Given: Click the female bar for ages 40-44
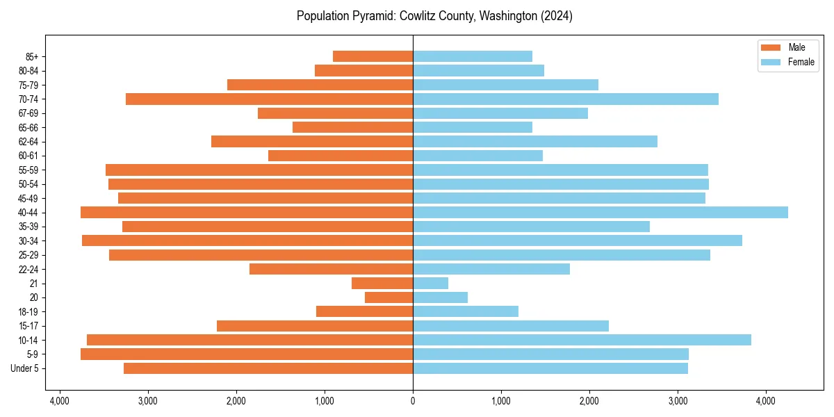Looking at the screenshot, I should [600, 213].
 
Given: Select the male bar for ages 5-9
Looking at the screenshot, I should [247, 354].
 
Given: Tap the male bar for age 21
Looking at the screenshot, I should [382, 284].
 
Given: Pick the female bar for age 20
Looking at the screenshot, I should [440, 297].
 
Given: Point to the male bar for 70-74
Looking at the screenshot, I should [269, 99].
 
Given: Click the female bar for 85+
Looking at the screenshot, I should [473, 56].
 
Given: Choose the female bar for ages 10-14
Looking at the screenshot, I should [582, 340].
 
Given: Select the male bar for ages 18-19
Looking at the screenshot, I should [364, 311].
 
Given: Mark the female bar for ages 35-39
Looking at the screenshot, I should [531, 227].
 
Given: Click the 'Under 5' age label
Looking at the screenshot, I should [25, 368].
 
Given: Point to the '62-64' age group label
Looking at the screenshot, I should [28, 142].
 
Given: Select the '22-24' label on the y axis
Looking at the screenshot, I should [28, 269].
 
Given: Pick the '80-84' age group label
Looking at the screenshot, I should [28, 71].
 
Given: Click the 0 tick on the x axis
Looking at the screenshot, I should [413, 401].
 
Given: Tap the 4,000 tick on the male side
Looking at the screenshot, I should [60, 401].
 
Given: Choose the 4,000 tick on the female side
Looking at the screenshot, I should [766, 401].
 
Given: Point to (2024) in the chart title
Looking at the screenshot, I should [557, 16].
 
